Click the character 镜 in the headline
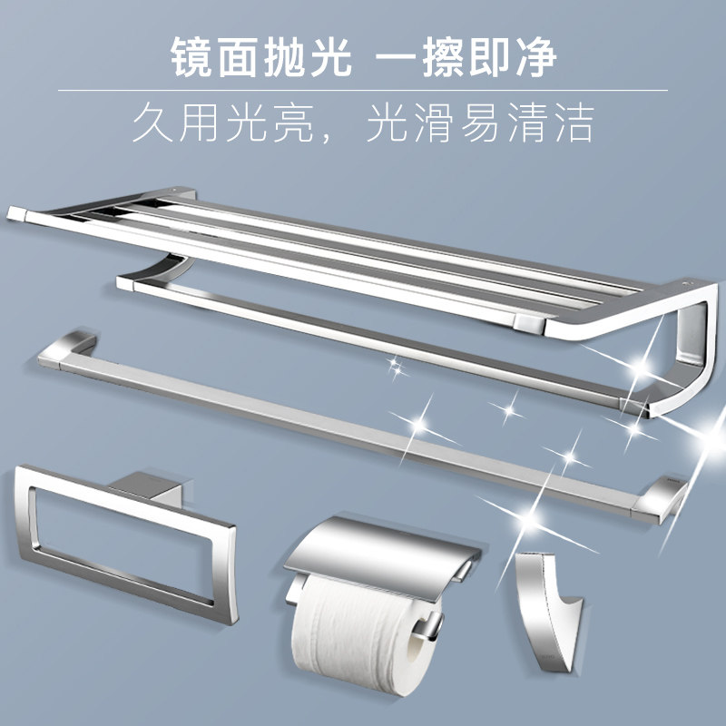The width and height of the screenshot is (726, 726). (x=193, y=55)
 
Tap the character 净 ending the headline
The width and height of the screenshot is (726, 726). (x=534, y=55)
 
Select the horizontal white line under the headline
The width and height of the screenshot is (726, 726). (x=363, y=90)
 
